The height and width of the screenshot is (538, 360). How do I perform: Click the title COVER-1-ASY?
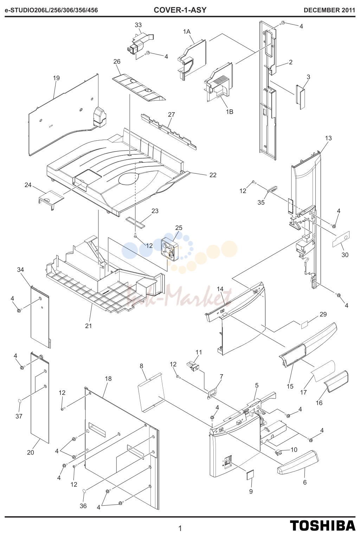pos(180,10)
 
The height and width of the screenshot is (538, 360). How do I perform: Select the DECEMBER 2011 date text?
pos(329,10)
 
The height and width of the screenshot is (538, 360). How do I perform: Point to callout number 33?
pos(138,25)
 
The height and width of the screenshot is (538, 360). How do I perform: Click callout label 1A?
pos(187,31)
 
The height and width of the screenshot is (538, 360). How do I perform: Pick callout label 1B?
pos(230,112)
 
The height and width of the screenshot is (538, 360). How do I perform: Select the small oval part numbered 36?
pos(85,491)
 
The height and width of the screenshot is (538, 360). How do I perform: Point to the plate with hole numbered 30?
pos(341,239)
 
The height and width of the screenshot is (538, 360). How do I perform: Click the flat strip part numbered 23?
pos(135,221)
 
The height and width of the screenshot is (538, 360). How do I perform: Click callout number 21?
pos(88,326)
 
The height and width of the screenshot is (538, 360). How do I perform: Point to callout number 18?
pos(108,378)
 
